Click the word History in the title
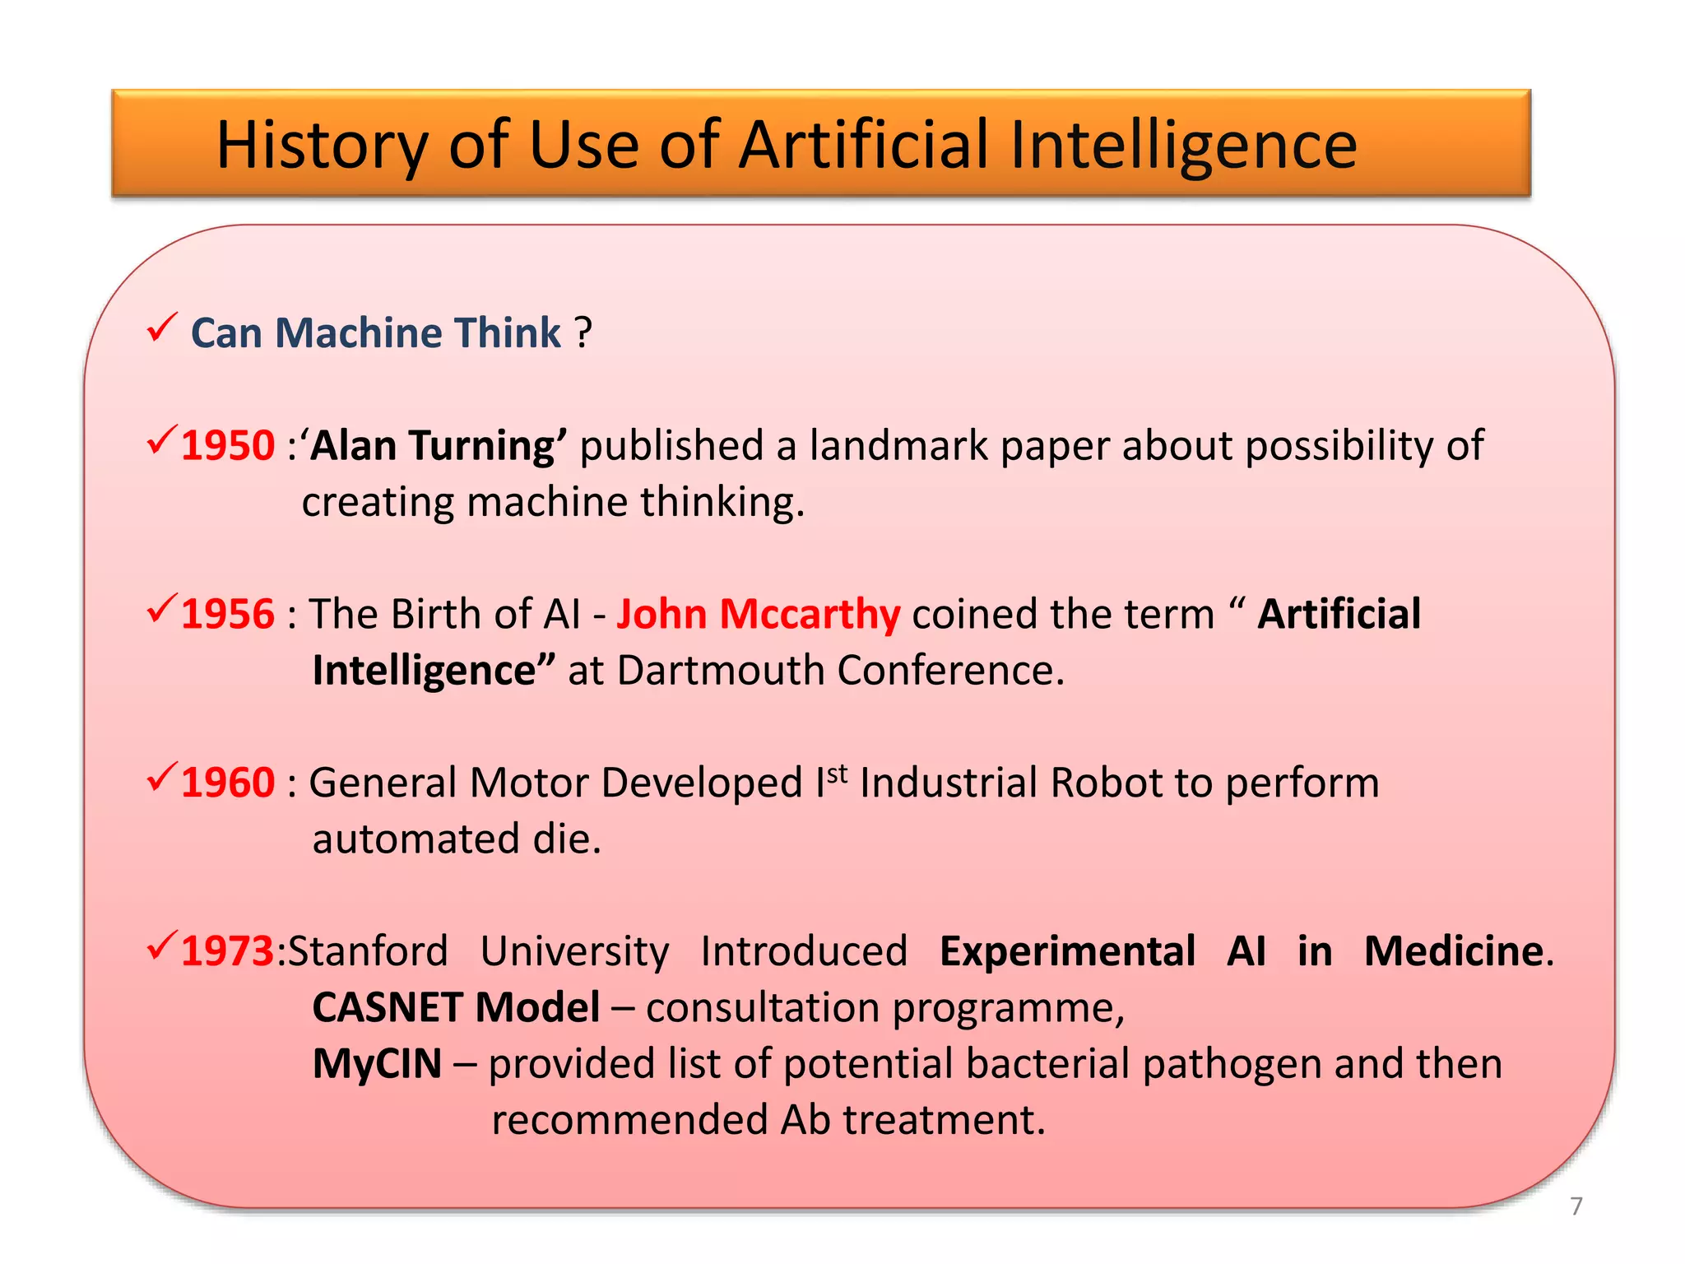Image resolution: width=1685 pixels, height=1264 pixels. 322,146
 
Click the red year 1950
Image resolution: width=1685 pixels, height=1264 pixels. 227,446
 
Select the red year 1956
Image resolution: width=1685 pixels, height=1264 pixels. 227,615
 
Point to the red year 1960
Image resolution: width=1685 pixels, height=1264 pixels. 227,783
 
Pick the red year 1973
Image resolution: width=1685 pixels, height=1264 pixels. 226,951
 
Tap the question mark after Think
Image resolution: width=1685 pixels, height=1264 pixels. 583,333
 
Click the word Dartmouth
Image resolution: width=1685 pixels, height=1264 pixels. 720,671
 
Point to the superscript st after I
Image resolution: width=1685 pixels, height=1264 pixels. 837,774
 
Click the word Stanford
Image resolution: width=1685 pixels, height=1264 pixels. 368,951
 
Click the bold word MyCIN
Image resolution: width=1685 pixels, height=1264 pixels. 377,1064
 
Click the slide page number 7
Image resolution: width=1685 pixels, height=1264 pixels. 1576,1206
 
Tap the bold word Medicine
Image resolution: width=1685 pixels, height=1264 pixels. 1453,951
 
